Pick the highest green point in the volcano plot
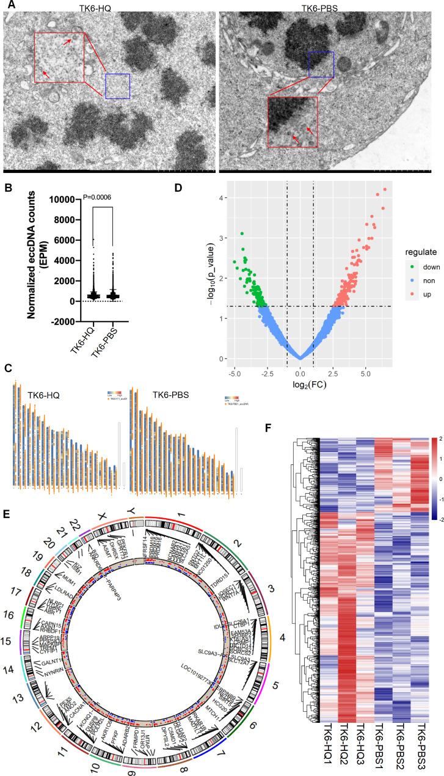click(242, 233)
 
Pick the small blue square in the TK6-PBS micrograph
click(321, 64)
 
